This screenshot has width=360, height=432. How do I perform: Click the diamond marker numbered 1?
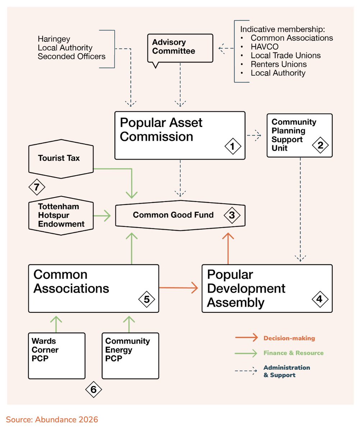232,147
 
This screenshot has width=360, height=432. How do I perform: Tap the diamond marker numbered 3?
232,215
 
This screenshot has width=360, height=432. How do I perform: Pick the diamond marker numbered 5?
146,299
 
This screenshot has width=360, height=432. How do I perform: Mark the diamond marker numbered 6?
94,389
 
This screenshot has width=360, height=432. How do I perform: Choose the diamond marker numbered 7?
37,187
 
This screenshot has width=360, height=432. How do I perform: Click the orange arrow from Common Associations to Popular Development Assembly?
179,288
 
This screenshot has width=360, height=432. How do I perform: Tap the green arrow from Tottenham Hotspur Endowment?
102,216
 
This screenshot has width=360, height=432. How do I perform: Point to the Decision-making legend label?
289,338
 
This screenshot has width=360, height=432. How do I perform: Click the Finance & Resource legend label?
293,353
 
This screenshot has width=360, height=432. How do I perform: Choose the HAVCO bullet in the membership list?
264,46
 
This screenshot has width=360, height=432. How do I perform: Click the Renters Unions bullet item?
278,64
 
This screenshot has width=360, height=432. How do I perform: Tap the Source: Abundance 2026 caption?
52,419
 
